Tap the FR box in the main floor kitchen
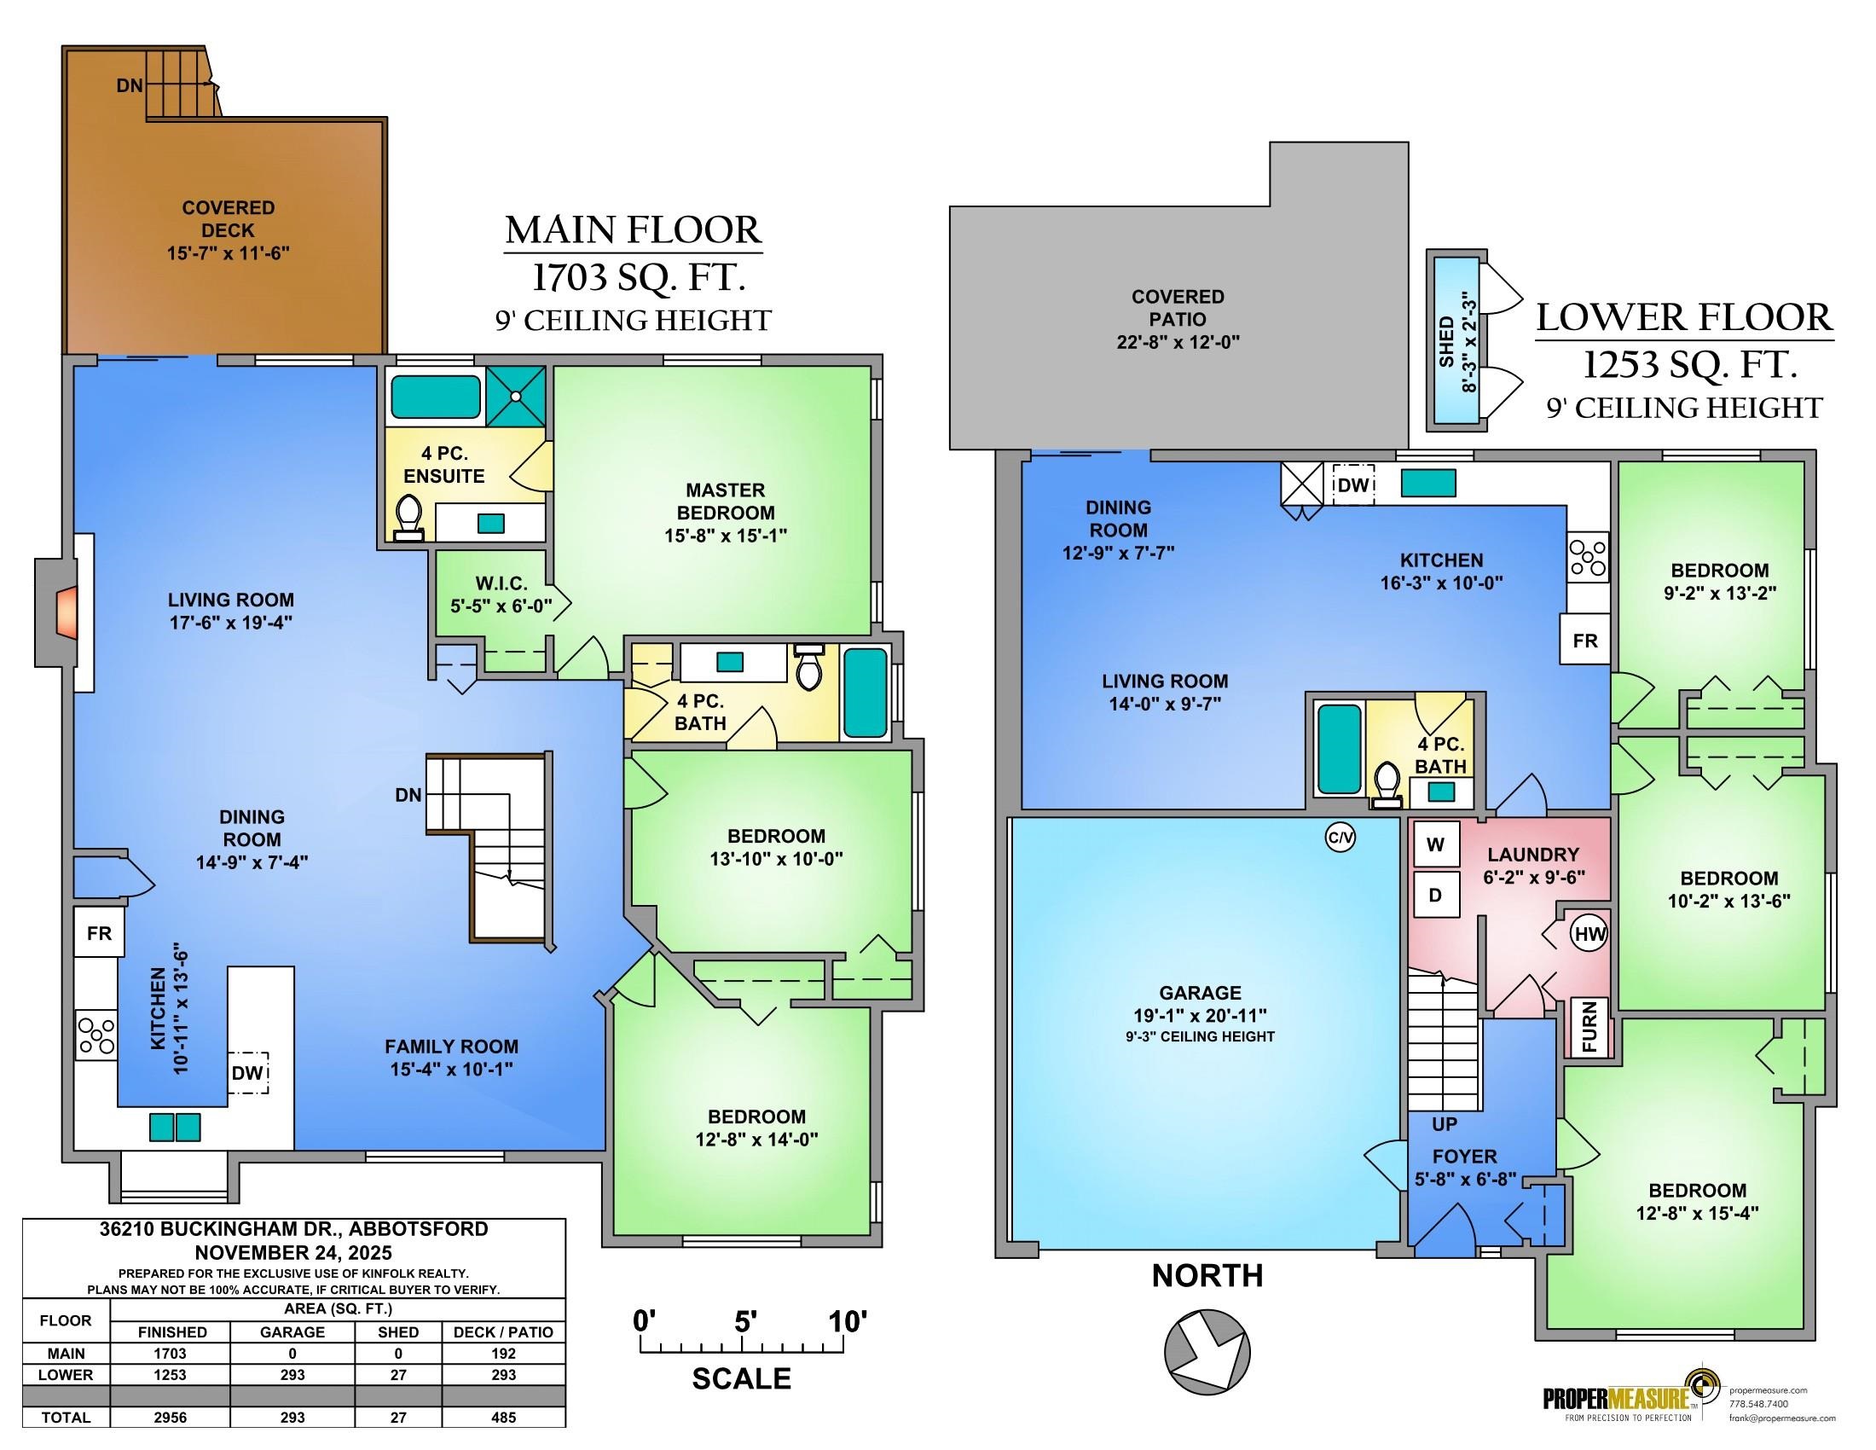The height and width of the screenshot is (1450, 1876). click(99, 933)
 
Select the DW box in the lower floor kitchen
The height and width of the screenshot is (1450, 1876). click(1353, 485)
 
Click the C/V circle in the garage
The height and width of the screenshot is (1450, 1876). click(1340, 838)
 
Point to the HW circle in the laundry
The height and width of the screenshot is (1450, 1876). click(1589, 935)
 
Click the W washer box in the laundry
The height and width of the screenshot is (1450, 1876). click(1435, 845)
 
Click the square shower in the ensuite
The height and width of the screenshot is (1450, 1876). click(515, 396)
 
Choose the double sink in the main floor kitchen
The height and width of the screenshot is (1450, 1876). click(175, 1127)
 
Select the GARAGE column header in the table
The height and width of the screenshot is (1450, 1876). click(292, 1332)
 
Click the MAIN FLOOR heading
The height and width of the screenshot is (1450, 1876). click(633, 230)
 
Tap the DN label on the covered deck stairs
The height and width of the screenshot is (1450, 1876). click(130, 86)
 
